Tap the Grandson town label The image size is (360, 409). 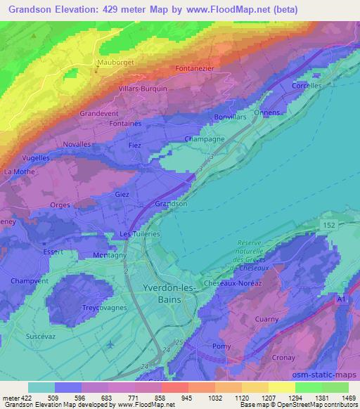tap(171, 204)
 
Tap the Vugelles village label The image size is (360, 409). tap(36, 158)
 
